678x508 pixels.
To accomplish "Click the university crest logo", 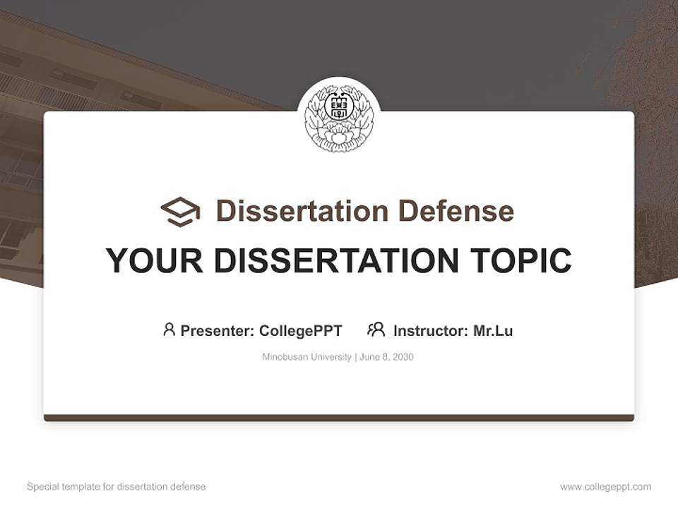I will tap(339, 118).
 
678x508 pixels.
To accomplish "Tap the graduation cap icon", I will tap(180, 212).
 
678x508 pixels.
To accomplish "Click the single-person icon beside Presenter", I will tap(169, 329).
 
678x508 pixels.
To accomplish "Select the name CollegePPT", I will tap(301, 331).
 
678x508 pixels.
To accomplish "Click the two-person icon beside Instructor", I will tap(376, 329).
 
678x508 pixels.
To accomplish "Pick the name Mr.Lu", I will tap(493, 331).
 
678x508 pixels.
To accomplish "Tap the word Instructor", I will tap(430, 331).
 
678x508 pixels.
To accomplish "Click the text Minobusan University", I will tap(307, 357).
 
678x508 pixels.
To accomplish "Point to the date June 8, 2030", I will tap(386, 357).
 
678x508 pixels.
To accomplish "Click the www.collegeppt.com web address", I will tap(605, 487).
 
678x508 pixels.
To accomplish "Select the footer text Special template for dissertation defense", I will tap(117, 487).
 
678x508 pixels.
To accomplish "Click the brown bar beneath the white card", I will tap(339, 418).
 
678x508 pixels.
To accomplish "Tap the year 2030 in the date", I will tap(403, 357).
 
